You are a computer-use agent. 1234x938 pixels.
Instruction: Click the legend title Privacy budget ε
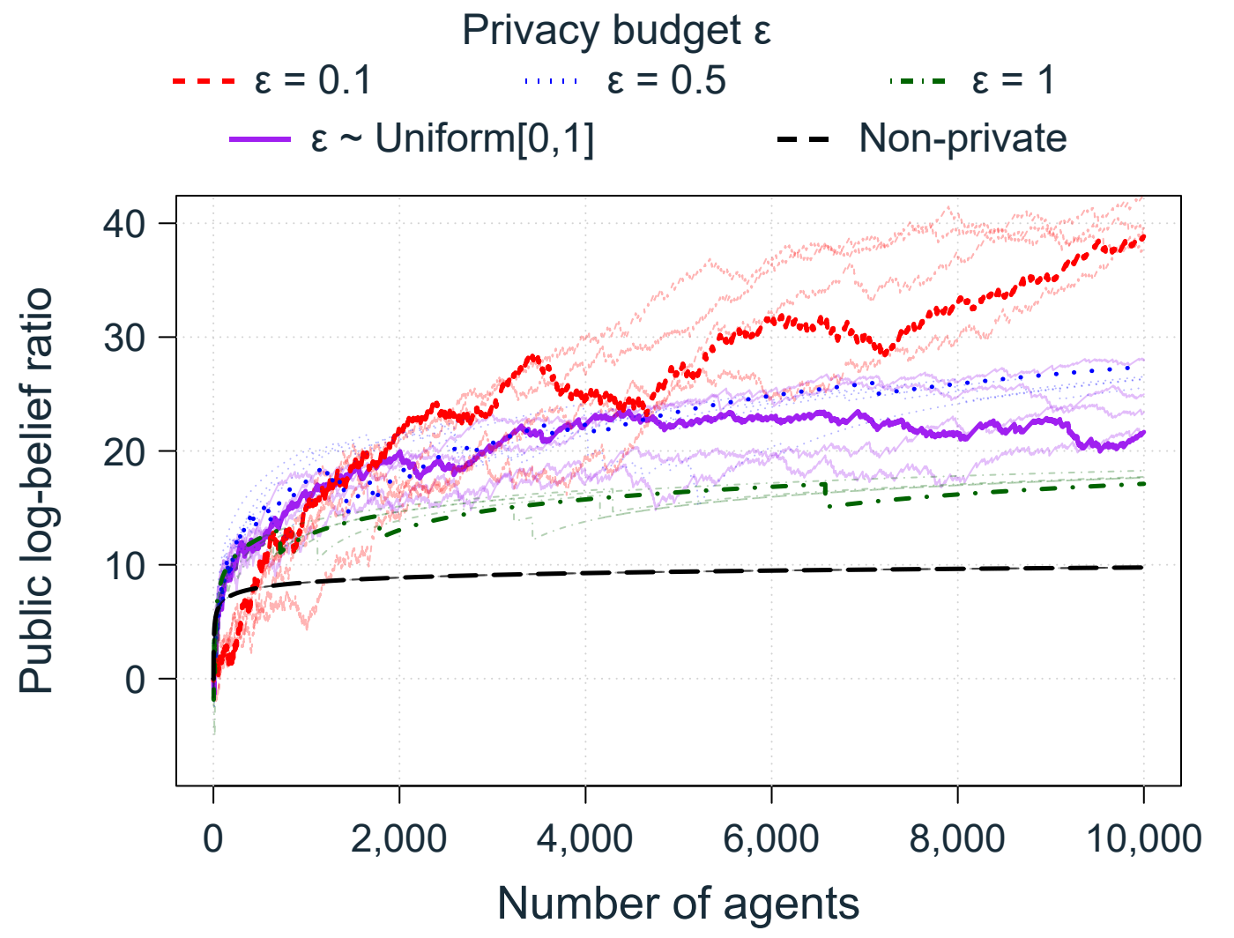616,30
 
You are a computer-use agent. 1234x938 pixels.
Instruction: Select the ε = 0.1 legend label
313,80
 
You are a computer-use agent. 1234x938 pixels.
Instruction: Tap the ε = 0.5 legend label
666,80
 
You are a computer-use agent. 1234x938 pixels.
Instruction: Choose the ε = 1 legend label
1013,80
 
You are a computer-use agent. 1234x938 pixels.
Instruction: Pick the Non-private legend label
963,138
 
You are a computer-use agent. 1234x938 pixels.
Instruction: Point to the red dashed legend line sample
204,81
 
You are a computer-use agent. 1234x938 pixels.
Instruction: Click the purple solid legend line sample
260,138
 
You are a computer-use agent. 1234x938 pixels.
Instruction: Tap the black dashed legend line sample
803,138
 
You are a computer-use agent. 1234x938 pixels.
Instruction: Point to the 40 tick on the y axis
124,224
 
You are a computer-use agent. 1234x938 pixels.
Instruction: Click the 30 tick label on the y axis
124,338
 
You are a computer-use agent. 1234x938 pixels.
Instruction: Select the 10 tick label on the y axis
124,565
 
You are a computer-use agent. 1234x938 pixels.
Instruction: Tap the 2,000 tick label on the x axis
398,839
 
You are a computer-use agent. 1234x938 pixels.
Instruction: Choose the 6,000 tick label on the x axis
770,839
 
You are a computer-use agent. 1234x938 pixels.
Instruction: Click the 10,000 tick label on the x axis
1143,839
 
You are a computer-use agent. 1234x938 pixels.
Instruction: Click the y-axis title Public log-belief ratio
36,490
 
